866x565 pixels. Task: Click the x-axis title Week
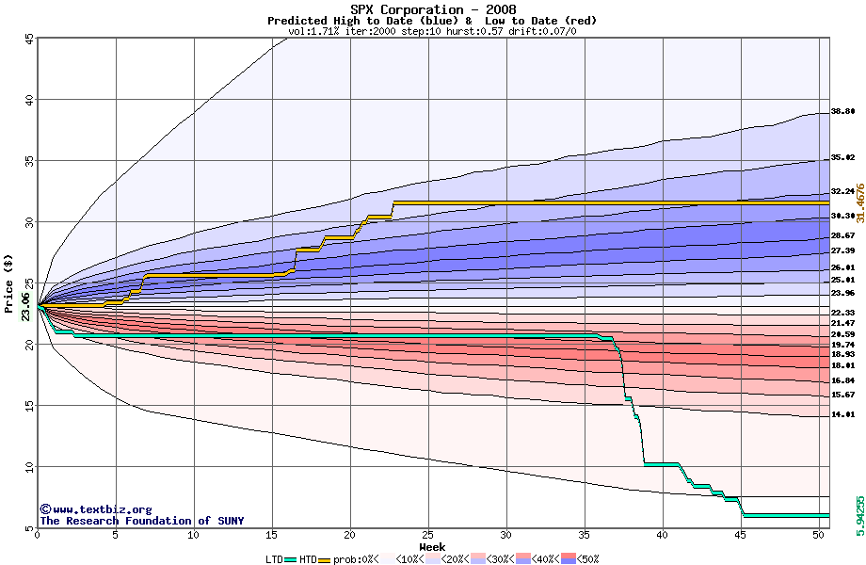tap(432, 546)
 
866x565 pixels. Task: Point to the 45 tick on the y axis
tap(29, 39)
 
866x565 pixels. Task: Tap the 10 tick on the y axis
tap(29, 467)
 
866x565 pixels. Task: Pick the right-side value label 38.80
tap(842, 111)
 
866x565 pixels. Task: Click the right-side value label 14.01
tap(842, 414)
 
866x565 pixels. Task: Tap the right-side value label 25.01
tap(842, 280)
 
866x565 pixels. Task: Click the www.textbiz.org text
tap(95, 508)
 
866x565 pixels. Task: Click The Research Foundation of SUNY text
tap(141, 521)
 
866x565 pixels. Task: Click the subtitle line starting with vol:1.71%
tap(432, 32)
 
